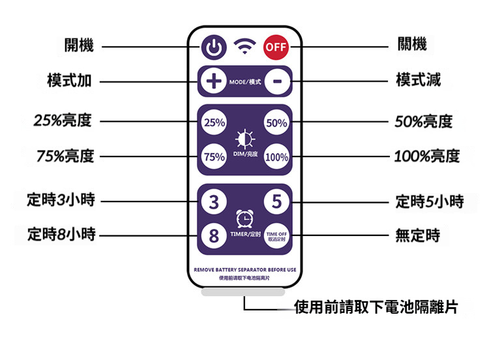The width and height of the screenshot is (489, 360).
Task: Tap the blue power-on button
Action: [x=213, y=48]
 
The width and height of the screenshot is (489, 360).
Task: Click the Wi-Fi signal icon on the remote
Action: [x=245, y=46]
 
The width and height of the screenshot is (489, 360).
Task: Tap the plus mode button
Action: [x=213, y=82]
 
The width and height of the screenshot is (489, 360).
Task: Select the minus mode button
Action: [x=277, y=82]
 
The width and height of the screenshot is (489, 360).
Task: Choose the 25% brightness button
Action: [x=215, y=123]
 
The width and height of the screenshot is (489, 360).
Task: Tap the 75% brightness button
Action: [x=215, y=157]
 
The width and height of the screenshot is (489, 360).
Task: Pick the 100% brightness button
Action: [x=276, y=157]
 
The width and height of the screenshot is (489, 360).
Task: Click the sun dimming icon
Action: [x=245, y=139]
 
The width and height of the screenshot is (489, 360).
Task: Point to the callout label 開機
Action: [x=79, y=45]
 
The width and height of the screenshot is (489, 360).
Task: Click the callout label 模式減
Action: [x=419, y=81]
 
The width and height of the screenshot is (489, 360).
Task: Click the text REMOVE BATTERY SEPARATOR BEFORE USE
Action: [x=245, y=269]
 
